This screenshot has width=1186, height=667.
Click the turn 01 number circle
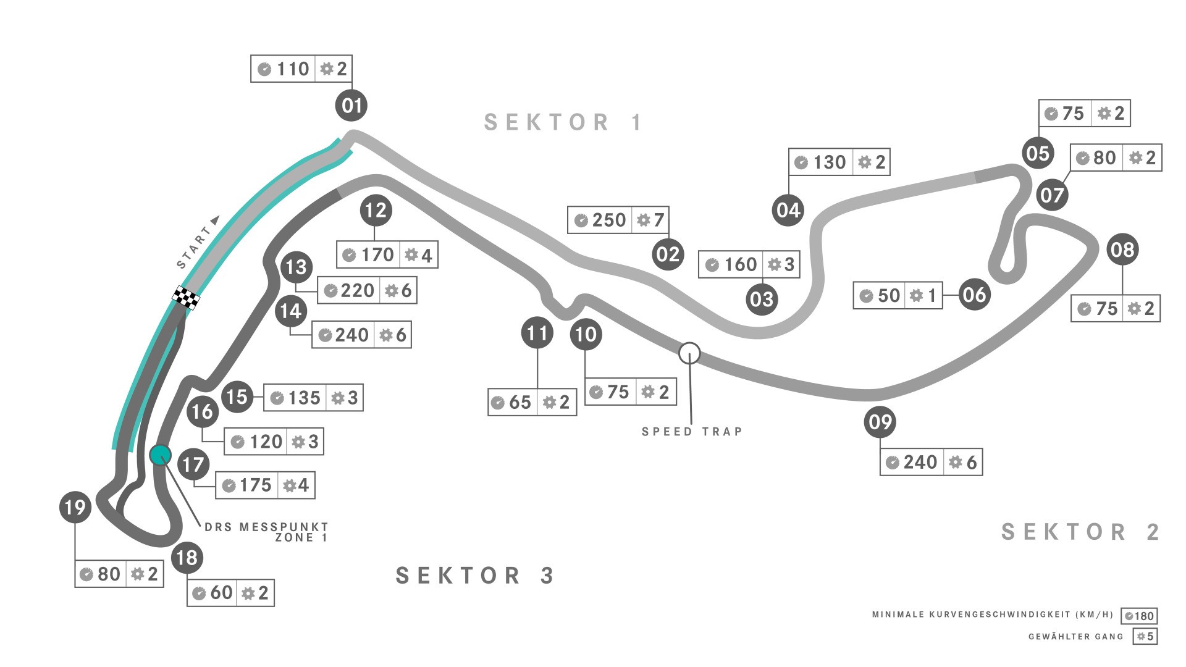pyautogui.click(x=351, y=105)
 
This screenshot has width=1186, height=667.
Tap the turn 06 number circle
pyautogui.click(x=974, y=295)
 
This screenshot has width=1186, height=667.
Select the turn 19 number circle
pyautogui.click(x=75, y=507)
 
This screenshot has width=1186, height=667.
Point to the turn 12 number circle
pyautogui.click(x=376, y=211)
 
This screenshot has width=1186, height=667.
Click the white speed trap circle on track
pyautogui.click(x=689, y=353)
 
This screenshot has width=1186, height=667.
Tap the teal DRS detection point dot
pyautogui.click(x=160, y=455)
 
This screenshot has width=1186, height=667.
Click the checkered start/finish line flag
pyautogui.click(x=186, y=298)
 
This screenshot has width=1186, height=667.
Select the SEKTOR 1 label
pyautogui.click(x=563, y=122)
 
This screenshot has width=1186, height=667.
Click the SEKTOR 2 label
pyautogui.click(x=1080, y=532)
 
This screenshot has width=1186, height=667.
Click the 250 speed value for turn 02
pyautogui.click(x=608, y=220)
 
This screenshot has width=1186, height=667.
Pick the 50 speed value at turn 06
pyautogui.click(x=889, y=295)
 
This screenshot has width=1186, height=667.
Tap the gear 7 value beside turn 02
pyautogui.click(x=659, y=220)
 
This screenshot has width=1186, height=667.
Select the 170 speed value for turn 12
pyautogui.click(x=377, y=254)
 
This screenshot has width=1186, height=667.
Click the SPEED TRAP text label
pyautogui.click(x=692, y=432)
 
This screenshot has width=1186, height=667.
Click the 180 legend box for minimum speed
pyautogui.click(x=1139, y=616)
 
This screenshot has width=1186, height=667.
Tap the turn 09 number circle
pyautogui.click(x=880, y=422)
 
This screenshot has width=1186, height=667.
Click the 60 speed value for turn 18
pyautogui.click(x=221, y=593)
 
